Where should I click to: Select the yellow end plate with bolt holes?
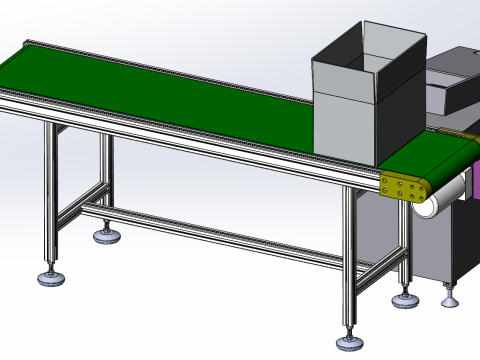(x=404, y=187)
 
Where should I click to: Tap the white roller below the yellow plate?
(x=439, y=204)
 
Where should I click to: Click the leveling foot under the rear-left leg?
(x=104, y=235)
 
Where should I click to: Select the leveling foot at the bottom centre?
(x=348, y=342)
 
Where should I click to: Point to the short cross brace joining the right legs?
(x=376, y=266)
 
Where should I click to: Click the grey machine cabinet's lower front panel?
(x=440, y=250)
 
